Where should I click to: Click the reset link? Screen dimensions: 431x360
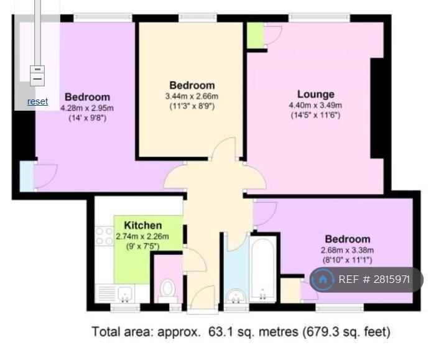click(x=38, y=101)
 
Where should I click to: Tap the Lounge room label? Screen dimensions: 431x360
click(x=316, y=95)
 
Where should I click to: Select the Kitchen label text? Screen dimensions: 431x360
click(x=143, y=225)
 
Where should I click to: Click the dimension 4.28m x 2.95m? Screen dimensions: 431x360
click(x=87, y=108)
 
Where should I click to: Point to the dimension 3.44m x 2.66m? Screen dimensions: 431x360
click(x=192, y=96)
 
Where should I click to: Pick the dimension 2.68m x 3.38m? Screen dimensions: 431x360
click(x=347, y=250)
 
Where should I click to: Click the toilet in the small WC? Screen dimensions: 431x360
click(x=167, y=288)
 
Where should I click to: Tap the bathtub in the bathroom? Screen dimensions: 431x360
click(x=263, y=269)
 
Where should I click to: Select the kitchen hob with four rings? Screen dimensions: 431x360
click(x=104, y=236)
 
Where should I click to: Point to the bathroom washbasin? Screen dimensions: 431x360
click(x=236, y=296)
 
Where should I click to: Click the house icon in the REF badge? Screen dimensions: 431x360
click(x=323, y=280)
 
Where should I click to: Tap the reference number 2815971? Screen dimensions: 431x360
click(x=392, y=279)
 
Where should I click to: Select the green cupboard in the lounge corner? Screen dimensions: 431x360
click(x=256, y=35)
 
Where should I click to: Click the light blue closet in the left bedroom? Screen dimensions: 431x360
click(x=27, y=176)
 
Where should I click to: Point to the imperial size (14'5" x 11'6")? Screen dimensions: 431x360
click(x=315, y=115)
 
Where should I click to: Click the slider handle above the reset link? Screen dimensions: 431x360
click(x=37, y=76)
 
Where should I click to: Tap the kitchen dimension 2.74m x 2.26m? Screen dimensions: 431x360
click(x=142, y=236)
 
